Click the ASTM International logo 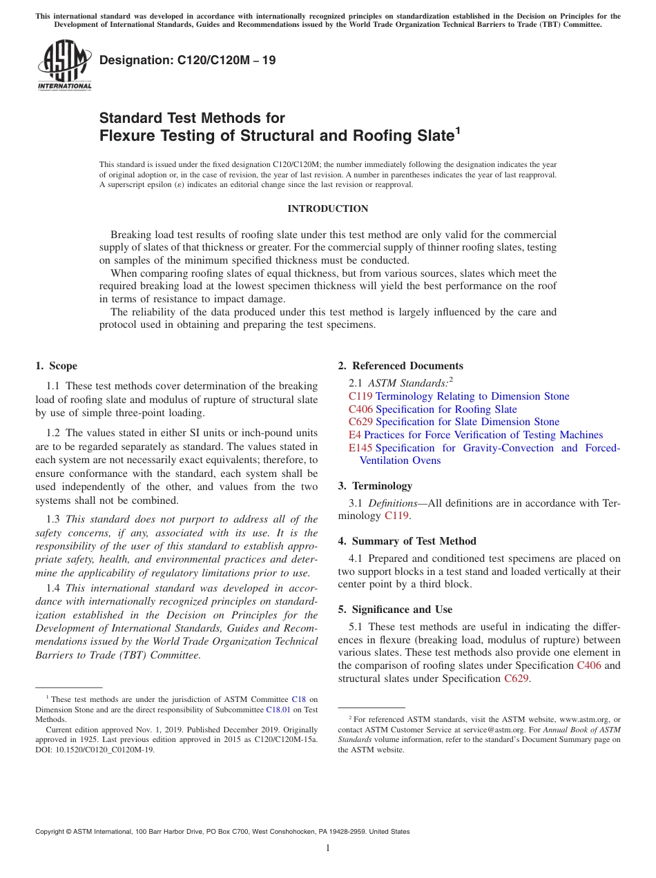[64, 66]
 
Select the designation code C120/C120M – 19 [187, 61]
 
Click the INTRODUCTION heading [327, 209]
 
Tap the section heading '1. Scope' [56, 366]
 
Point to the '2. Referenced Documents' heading [401, 366]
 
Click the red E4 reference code [355, 435]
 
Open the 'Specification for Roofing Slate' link [446, 409]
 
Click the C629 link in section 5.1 [517, 679]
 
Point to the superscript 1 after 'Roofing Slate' [457, 129]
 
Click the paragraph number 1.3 [53, 519]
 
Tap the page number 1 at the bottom [328, 848]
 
